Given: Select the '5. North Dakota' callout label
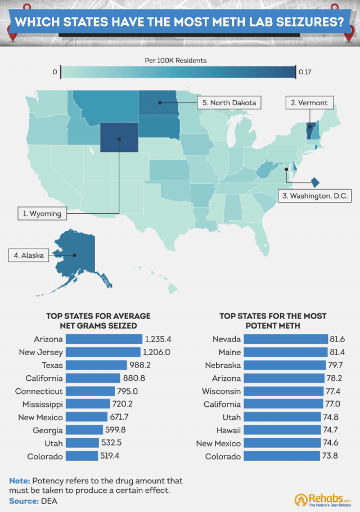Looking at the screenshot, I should tap(229, 102).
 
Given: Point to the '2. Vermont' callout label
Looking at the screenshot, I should tap(309, 102).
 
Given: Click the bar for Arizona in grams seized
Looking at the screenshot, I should tap(104, 339).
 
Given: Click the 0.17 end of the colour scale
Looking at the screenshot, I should tap(305, 72).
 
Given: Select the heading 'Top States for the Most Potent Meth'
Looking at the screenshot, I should tap(273, 321).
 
